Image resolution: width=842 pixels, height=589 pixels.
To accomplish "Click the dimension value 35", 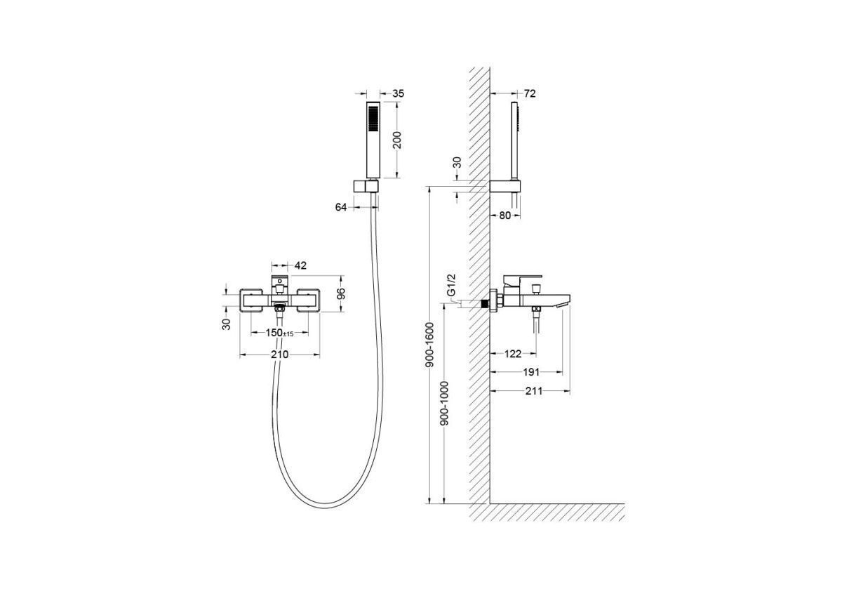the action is pos(398,93).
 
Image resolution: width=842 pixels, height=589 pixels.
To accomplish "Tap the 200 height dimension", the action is pos(397,140).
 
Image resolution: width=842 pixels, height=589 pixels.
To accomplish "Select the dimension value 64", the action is pos(340,207).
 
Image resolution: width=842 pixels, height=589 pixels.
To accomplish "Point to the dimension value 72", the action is pos(529,93).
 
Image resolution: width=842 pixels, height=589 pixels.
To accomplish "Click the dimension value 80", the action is pos(504,216).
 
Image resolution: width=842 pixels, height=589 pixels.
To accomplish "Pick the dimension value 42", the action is pos(300,265).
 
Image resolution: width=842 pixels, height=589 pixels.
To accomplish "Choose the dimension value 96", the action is pos(341,293).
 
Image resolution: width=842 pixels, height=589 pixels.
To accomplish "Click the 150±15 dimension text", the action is pos(279,333).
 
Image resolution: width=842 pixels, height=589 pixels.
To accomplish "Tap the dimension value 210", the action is pos(280,355).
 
